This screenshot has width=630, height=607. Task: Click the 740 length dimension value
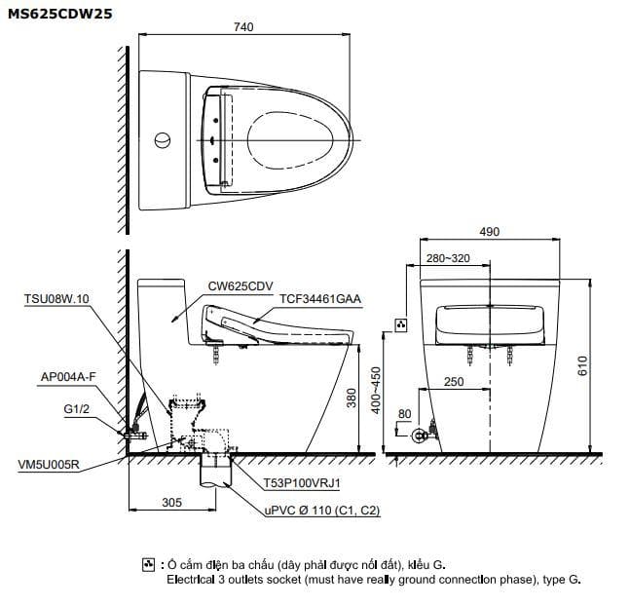click(243, 27)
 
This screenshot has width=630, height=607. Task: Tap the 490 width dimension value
click(489, 232)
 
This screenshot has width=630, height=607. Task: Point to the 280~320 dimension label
click(447, 258)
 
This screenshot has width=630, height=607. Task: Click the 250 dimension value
click(454, 383)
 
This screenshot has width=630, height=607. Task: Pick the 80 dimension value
click(404, 413)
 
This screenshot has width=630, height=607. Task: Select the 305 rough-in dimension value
click(171, 503)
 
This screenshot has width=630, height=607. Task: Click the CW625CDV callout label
click(240, 286)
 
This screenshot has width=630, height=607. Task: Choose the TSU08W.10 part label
click(56, 299)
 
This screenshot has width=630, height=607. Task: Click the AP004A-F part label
click(67, 376)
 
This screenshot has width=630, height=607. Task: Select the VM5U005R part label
click(52, 467)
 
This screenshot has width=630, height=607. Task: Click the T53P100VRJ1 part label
click(302, 481)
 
